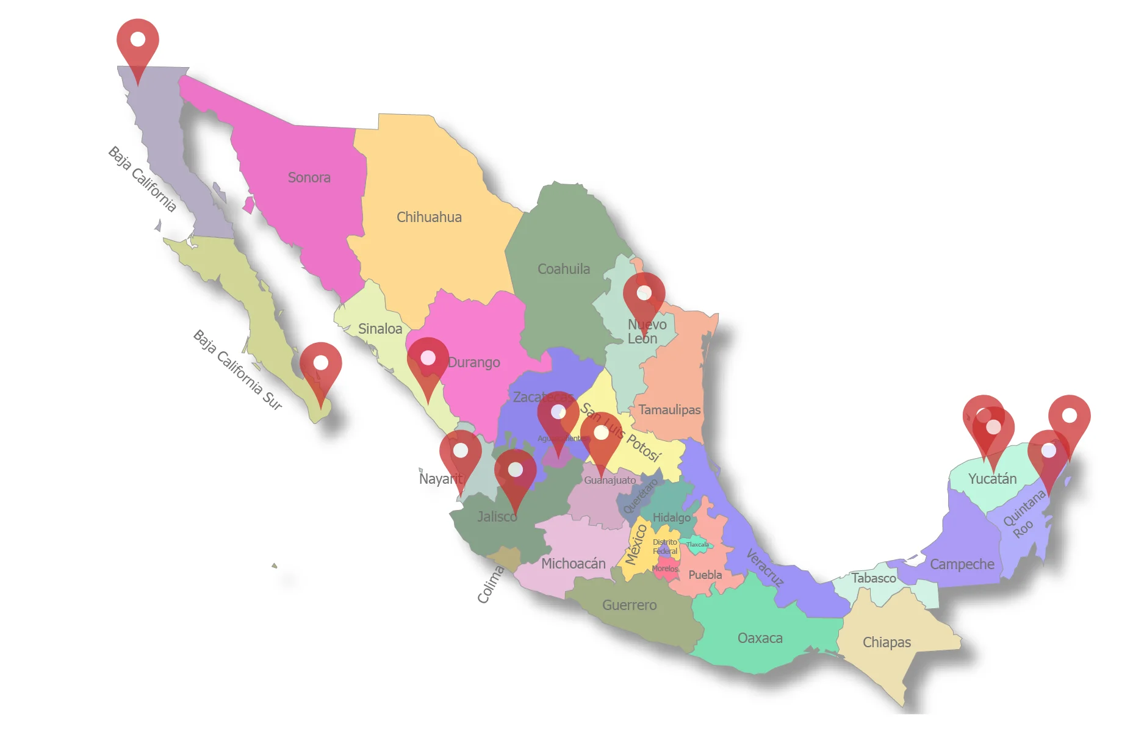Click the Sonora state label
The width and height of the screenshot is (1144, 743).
click(x=309, y=178)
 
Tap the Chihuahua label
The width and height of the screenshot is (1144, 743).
click(x=429, y=217)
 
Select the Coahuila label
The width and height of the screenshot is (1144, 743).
click(x=563, y=269)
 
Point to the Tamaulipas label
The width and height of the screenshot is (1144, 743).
click(x=669, y=410)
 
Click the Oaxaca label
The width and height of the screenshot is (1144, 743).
click(x=760, y=638)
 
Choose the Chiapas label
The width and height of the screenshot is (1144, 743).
click(x=887, y=642)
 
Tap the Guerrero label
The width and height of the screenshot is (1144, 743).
click(x=629, y=605)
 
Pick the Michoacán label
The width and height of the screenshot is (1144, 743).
click(x=573, y=564)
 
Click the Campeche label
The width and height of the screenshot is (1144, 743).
click(x=962, y=564)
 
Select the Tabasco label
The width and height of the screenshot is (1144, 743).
click(x=874, y=578)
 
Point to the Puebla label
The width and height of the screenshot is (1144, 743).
click(x=705, y=575)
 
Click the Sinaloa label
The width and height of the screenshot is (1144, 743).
click(x=380, y=329)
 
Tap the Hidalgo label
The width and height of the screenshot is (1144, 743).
click(x=671, y=517)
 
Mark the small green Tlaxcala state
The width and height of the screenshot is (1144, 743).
click(x=697, y=544)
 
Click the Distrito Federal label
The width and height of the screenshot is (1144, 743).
click(x=664, y=547)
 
